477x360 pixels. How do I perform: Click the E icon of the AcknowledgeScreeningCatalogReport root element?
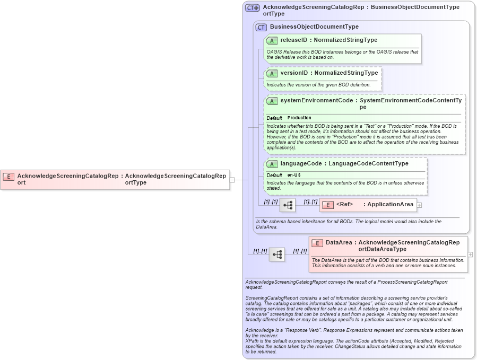[8, 176]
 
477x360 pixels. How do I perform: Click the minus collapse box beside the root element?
[232, 180]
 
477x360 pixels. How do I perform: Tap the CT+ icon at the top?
[252, 8]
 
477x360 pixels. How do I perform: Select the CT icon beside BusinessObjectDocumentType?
[261, 27]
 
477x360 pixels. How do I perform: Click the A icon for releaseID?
[272, 40]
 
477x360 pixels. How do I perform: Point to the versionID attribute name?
[294, 73]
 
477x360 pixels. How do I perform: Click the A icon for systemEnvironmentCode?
[272, 101]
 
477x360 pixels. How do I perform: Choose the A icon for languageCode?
[272, 164]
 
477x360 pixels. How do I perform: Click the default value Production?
[299, 118]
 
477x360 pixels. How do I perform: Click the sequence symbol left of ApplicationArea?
[288, 205]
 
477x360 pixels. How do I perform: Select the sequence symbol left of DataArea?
[277, 254]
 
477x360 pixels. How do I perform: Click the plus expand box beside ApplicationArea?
[419, 205]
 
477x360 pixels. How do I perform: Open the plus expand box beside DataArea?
[470, 254]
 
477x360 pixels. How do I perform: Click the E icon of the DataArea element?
[317, 243]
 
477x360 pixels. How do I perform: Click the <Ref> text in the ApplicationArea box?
[344, 205]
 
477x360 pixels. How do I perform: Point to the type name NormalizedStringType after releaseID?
[345, 40]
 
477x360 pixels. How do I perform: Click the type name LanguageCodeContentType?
[368, 163]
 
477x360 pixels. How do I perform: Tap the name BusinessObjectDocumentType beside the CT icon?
[314, 27]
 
